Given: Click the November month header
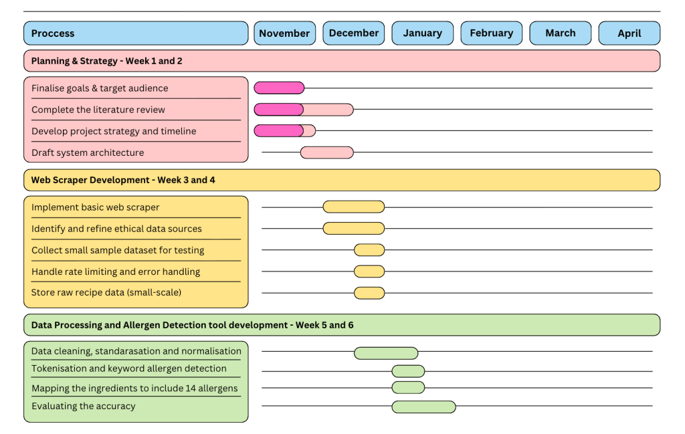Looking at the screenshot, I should pos(284,33).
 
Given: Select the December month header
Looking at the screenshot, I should pos(354,33).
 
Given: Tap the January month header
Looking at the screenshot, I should pos(423,33).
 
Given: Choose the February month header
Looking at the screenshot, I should pos(492,33).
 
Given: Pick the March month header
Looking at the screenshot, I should pos(561,33).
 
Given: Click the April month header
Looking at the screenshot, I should pos(629,33).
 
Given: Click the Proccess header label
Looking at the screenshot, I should pos(53,33).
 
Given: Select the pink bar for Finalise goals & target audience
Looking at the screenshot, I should pos(279,88).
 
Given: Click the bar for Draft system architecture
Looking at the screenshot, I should pos(326,152).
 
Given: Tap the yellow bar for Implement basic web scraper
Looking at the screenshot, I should pos(353,207).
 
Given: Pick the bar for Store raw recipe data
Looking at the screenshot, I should pos(369,293).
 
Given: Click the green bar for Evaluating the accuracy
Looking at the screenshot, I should pos(423,407).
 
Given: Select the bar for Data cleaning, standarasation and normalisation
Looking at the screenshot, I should pos(386,353).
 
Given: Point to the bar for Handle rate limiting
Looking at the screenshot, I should pos(369,272).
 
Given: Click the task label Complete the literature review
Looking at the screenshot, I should pos(98,110).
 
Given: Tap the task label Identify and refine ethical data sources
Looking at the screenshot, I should pos(116,229).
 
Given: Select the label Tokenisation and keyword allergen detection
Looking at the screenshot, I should pos(129,368).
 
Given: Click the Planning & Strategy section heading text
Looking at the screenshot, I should pos(107,61).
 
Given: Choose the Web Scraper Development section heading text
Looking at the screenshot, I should pos(123,180).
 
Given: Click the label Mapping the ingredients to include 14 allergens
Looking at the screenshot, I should pos(134,388).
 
